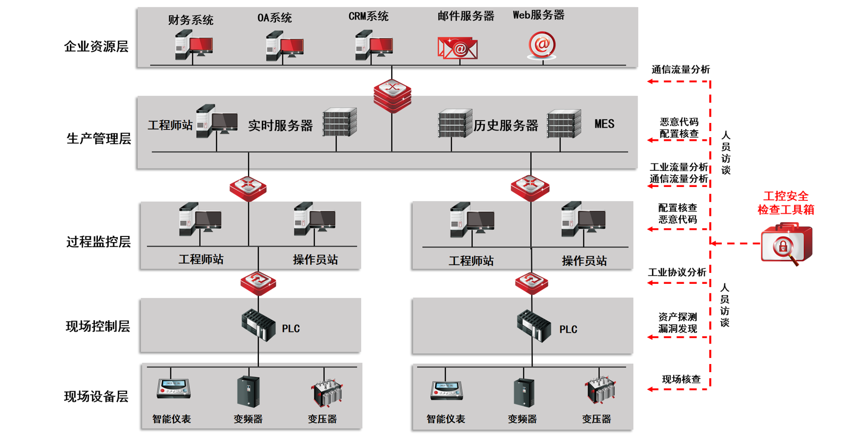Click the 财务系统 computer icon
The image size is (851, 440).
point(193,46)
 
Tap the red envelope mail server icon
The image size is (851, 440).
point(457,48)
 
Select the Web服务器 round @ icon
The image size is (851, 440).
point(542,46)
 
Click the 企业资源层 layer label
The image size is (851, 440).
point(96,47)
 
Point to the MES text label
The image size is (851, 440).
point(604,124)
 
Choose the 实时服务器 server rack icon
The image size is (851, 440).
point(339,122)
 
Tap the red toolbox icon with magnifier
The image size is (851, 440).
point(786,244)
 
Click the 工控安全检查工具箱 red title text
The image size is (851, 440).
point(785,203)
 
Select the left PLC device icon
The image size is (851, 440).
point(258,325)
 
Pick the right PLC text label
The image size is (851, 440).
point(568,329)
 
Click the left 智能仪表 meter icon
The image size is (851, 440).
point(173,388)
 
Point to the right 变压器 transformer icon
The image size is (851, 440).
point(601,391)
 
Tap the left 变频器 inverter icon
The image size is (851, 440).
point(248,392)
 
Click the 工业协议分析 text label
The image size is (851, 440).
point(677,272)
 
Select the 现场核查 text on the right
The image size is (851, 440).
point(681,379)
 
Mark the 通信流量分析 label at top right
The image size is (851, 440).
point(680,70)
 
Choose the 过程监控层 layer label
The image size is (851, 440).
point(98,242)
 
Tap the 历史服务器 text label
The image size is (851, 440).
point(506,125)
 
